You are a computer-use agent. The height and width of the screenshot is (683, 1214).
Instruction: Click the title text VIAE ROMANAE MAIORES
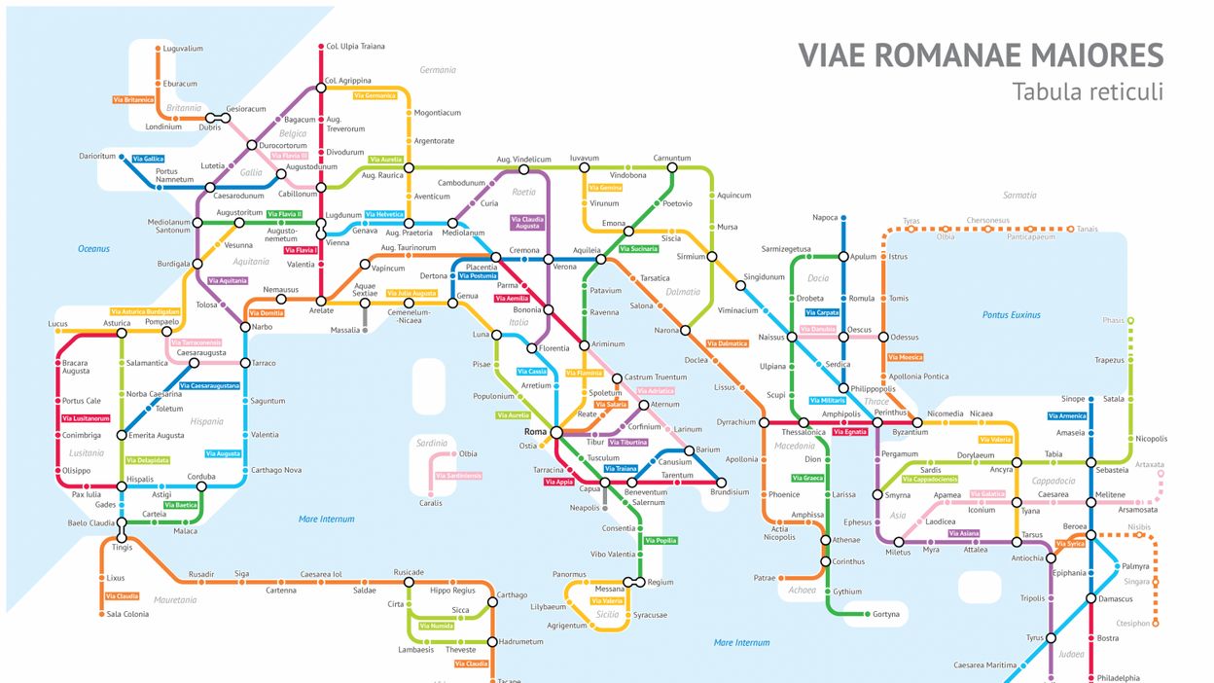tap(981, 55)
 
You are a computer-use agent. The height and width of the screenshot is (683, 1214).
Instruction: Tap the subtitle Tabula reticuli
tap(1087, 92)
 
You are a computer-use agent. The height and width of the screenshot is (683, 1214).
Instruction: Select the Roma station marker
tap(555, 432)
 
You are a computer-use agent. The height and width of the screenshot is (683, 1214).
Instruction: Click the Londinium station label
tap(162, 126)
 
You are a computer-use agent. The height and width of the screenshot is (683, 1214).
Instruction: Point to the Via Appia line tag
tap(558, 482)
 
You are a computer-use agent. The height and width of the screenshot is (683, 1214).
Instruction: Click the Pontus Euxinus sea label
tap(1011, 314)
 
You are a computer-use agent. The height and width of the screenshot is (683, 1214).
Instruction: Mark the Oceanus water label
tap(94, 249)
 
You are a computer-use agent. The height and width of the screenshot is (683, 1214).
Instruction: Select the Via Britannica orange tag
tap(133, 99)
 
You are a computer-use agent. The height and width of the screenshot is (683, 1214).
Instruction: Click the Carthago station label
tap(512, 594)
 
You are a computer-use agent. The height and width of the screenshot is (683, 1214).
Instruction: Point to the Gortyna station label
tap(886, 614)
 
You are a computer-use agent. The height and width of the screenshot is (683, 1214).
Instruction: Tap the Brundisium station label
tap(730, 492)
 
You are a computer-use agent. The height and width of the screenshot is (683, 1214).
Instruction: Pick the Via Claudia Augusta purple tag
tap(526, 223)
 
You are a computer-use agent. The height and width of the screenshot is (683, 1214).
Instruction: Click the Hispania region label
tap(206, 421)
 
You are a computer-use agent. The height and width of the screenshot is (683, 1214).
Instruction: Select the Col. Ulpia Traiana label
tap(355, 46)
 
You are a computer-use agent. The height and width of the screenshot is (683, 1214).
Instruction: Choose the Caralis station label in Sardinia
tap(430, 503)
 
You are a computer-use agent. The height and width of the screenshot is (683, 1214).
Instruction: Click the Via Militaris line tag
tap(827, 400)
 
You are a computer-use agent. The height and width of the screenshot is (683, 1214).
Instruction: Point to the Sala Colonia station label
tap(127, 614)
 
